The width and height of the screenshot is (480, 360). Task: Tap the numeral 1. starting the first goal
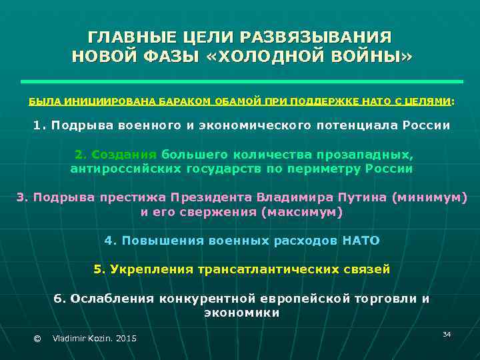39,125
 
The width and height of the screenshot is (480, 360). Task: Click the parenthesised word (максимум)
302,212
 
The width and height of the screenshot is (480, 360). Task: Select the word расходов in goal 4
305,240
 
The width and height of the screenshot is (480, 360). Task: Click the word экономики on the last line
241,313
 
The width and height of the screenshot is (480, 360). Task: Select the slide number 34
447,333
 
